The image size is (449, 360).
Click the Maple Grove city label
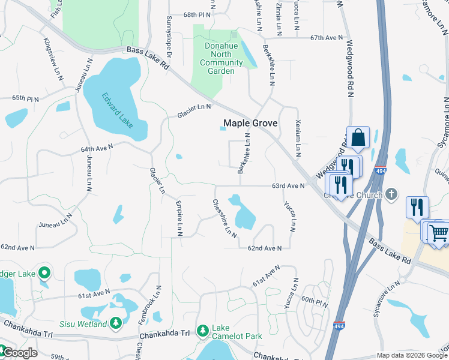click(x=250, y=123)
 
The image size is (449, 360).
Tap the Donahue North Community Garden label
click(x=217, y=58)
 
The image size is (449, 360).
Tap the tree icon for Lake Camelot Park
click(x=203, y=331)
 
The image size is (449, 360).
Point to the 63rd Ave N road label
click(x=288, y=186)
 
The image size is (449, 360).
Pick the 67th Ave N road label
click(x=324, y=37)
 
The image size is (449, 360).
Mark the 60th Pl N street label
click(x=315, y=302)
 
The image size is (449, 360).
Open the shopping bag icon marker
click(x=358, y=137)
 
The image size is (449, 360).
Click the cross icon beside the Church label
click(x=391, y=194)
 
